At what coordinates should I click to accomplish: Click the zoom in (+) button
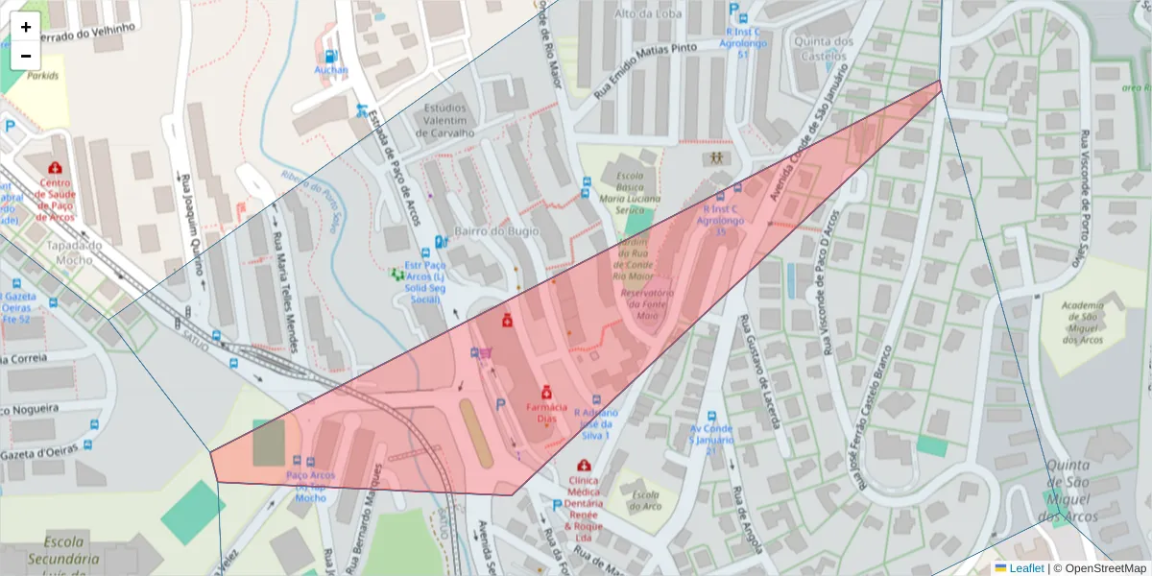click(26, 27)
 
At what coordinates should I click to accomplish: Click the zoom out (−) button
click(26, 56)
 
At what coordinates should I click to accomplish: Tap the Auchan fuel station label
click(330, 70)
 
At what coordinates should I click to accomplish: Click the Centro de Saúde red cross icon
click(55, 168)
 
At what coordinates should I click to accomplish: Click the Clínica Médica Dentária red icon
click(583, 466)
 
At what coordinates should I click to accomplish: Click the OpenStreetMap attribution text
click(1100, 568)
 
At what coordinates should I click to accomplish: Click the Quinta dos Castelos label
click(823, 49)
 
